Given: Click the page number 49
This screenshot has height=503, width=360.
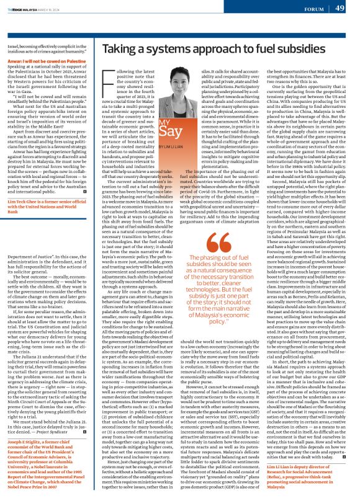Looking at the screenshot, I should tap(340, 8).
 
